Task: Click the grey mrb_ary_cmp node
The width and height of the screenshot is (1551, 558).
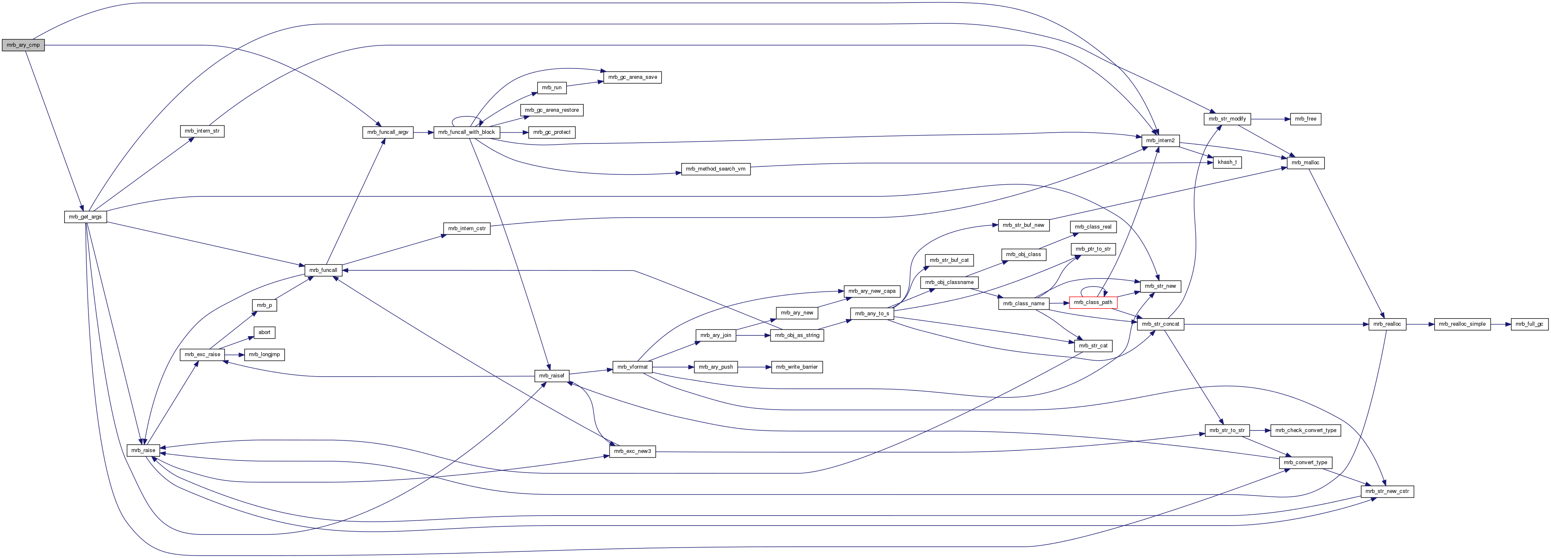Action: (23, 45)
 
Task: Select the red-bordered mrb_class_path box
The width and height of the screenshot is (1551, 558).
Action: (1093, 302)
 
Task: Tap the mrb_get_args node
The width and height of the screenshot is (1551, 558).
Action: (85, 217)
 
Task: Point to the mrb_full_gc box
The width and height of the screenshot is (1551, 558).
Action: (1530, 324)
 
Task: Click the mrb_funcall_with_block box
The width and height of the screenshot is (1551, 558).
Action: (466, 132)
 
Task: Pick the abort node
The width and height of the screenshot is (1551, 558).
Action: (264, 332)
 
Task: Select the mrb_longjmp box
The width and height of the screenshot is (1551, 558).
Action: (264, 354)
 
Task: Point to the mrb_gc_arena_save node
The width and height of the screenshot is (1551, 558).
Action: (632, 77)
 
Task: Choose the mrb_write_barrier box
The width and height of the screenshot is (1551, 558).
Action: (797, 367)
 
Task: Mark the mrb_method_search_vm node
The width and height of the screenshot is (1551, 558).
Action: (715, 169)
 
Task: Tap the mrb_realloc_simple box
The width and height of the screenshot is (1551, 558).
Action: (1462, 324)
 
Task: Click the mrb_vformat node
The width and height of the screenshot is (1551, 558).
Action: (632, 367)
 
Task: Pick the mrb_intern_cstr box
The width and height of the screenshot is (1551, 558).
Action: (467, 229)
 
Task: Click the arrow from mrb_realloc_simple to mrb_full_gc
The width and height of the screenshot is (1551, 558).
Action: (1501, 324)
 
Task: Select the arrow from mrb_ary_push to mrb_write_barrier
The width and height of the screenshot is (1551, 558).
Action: (754, 367)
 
